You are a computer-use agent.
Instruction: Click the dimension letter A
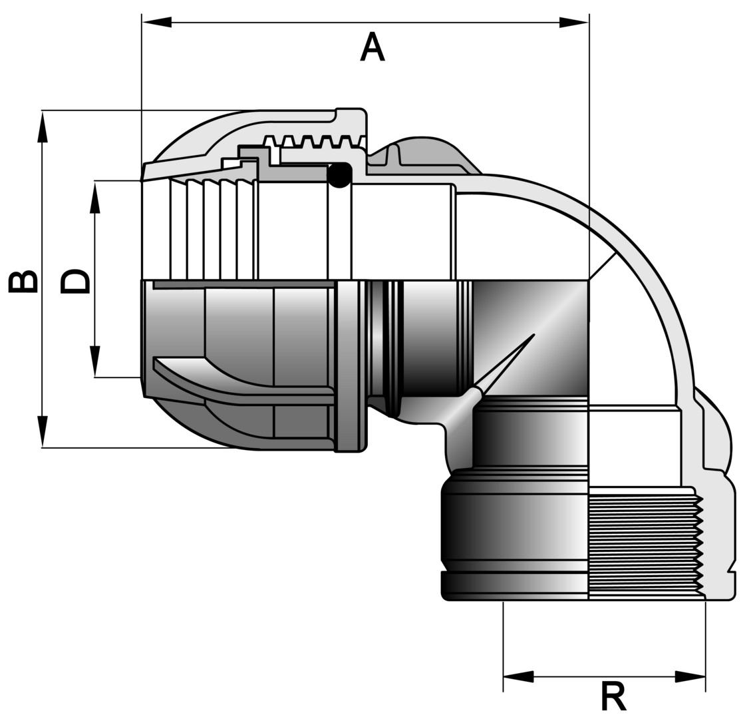[373, 48]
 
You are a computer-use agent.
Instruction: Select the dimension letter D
[75, 282]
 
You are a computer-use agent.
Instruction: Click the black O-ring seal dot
[340, 174]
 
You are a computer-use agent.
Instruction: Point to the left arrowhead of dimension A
[157, 22]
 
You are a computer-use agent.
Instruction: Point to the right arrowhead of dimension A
[573, 22]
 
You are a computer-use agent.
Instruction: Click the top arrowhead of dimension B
[43, 126]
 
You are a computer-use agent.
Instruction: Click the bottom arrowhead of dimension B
[43, 431]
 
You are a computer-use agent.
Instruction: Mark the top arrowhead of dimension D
[95, 197]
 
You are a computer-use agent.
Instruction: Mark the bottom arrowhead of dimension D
[95, 361]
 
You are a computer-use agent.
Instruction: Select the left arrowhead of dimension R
[518, 677]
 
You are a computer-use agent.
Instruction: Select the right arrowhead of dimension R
[690, 677]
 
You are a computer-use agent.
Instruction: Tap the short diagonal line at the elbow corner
[603, 266]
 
